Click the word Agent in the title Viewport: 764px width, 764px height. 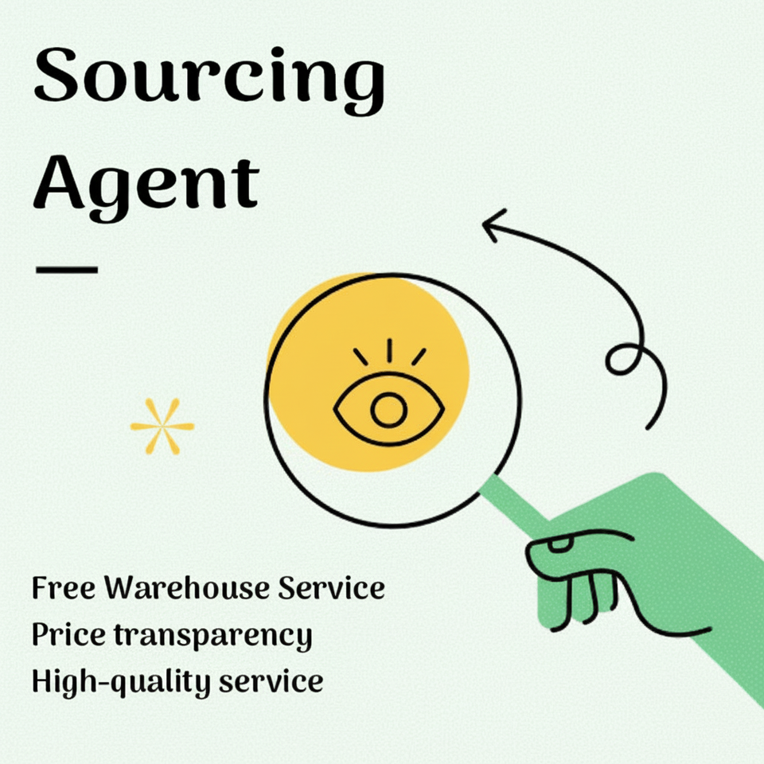146,183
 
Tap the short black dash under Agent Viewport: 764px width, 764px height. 67,269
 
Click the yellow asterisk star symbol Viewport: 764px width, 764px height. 162,427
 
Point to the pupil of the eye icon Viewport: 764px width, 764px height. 388,411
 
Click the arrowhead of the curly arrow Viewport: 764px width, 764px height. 492,228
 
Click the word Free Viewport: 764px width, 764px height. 64,590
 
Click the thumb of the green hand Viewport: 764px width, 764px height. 573,549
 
